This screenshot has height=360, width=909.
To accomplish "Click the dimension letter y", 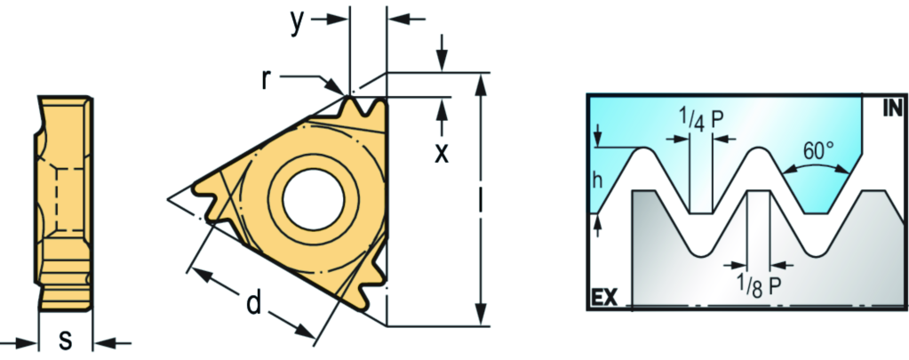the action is (298, 24).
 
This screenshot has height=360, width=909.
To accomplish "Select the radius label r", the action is (266, 80).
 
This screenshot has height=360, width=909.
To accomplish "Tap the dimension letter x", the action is (442, 152).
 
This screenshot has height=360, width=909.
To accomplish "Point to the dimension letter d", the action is (253, 302).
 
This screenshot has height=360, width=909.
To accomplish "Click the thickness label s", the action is (66, 340).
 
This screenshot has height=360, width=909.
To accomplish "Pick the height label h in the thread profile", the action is (598, 180).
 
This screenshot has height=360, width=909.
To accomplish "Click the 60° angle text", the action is (818, 151).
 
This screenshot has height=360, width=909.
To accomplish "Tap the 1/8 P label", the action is (758, 287).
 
